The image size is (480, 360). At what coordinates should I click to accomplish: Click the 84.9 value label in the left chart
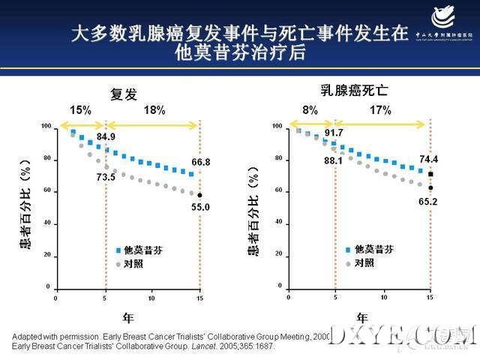tap(106, 137)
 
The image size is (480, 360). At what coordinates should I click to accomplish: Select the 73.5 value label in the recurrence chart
tap(106, 177)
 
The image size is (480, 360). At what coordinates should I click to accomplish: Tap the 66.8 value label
tap(199, 162)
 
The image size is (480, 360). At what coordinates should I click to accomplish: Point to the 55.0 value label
tap(199, 206)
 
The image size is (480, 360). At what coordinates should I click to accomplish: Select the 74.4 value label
tap(430, 159)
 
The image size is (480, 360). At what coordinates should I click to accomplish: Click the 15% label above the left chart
tap(80, 110)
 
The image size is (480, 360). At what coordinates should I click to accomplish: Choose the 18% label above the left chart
tap(154, 110)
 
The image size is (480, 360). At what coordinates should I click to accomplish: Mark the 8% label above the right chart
tap(310, 110)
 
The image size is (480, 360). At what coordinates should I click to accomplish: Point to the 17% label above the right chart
tap(380, 110)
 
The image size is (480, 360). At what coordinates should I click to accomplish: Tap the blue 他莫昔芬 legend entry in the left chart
tap(138, 248)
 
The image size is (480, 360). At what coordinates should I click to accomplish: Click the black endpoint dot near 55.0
tap(199, 195)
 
